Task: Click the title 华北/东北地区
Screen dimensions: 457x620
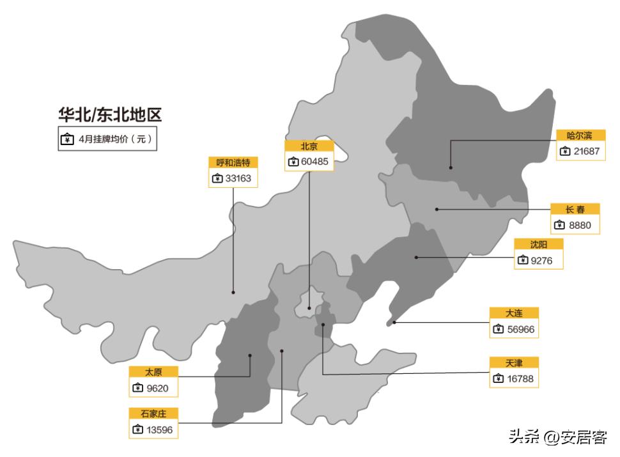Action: click(x=110, y=115)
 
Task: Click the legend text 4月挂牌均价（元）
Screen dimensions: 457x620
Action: click(x=116, y=139)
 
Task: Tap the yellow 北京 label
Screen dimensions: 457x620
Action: click(x=309, y=146)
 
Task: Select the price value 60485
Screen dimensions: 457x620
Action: click(x=314, y=162)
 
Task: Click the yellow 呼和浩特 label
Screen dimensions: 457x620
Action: click(x=233, y=162)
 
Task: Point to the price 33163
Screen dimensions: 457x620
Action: click(x=238, y=178)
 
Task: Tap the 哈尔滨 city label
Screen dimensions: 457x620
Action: click(x=580, y=136)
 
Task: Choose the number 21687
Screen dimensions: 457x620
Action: click(x=586, y=151)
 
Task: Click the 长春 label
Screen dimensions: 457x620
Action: click(x=575, y=209)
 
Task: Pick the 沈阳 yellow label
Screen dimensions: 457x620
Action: click(x=538, y=244)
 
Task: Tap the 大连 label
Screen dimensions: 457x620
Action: click(x=514, y=313)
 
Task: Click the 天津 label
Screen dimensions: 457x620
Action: click(x=514, y=362)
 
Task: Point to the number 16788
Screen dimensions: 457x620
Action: click(x=520, y=379)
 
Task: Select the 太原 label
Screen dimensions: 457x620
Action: click(x=153, y=371)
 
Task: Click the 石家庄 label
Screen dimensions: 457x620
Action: click(x=153, y=413)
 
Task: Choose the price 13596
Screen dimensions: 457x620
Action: click(x=159, y=430)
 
